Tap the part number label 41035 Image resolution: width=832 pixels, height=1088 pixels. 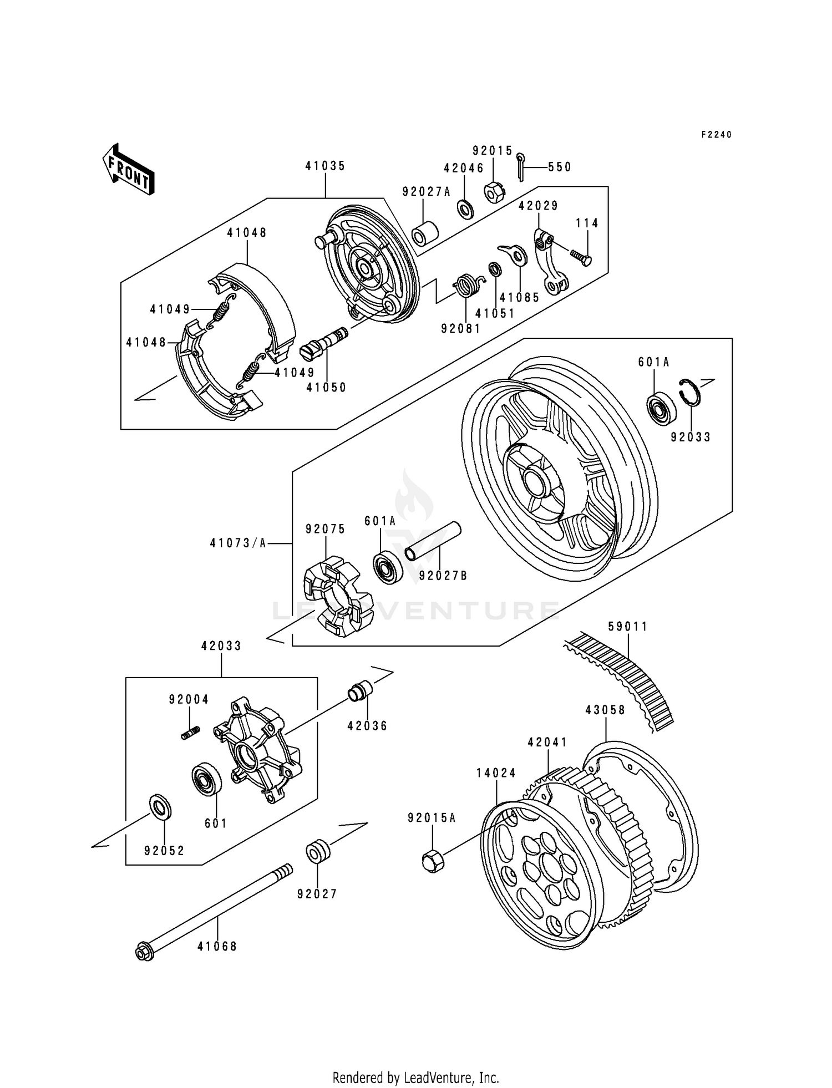tap(325, 166)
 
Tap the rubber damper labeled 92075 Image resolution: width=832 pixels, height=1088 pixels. tap(336, 597)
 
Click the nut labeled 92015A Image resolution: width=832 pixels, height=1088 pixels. tap(432, 861)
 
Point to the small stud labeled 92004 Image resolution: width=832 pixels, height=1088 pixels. tap(190, 733)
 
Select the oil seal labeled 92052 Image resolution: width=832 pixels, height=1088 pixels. tap(160, 807)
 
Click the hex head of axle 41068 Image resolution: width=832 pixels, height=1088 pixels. tap(144, 953)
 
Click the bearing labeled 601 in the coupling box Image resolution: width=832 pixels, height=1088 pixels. tap(207, 781)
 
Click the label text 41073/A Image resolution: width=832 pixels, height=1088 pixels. tap(237, 544)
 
